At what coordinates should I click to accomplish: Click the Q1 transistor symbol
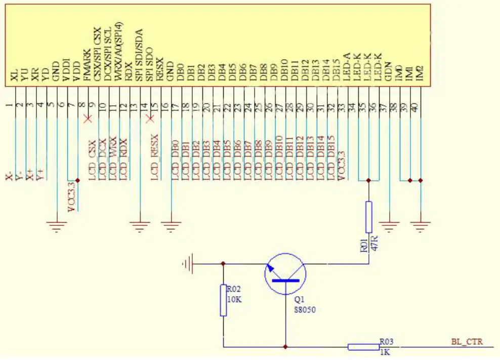coord(285,274)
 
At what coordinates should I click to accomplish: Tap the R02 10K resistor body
coord(223,300)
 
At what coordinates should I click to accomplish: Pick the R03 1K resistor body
coord(363,347)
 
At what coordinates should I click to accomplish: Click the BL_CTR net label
coord(467,342)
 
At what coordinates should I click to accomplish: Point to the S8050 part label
coord(305,310)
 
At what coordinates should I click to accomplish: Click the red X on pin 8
coord(88,119)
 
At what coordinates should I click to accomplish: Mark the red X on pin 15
coord(149,119)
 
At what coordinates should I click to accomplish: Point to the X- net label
coord(9,177)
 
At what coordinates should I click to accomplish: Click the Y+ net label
coord(40,175)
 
